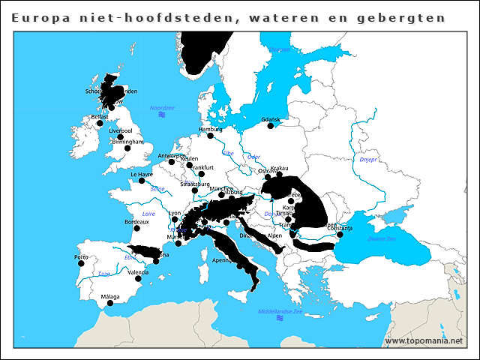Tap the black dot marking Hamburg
tap(211, 136)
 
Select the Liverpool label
tap(121, 130)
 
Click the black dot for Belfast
tap(100, 124)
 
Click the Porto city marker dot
tap(82, 263)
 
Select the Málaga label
tap(109, 297)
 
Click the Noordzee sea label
tap(162, 108)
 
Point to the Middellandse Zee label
tap(280, 311)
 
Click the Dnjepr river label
tap(367, 160)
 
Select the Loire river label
tap(148, 214)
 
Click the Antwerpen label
tap(172, 155)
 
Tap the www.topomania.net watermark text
tap(424, 340)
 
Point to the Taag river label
tap(103, 274)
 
